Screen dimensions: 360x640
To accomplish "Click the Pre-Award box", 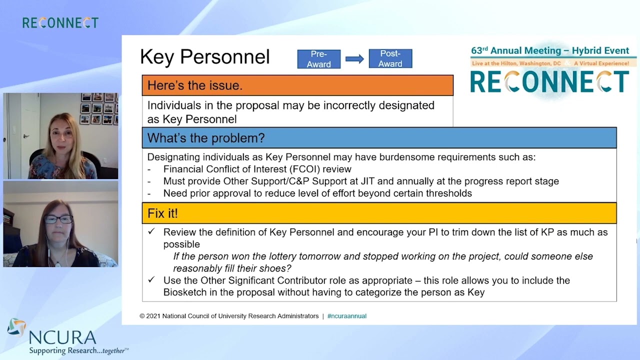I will [318, 59].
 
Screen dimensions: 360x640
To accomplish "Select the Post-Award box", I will [390, 59].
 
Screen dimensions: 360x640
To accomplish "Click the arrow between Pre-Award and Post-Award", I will [354, 59].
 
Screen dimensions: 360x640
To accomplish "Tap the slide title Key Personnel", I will [204, 57].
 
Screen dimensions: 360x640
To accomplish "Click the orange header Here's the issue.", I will [195, 85].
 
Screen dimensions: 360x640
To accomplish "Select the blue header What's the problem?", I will [206, 138].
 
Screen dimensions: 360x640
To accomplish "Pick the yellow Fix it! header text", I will [162, 213].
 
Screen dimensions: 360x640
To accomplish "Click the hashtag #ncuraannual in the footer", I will [346, 316].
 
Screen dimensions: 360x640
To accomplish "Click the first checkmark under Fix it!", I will [151, 232].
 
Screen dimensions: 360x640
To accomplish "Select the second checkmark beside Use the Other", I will [151, 280].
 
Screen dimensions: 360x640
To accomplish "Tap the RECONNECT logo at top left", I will [60, 23].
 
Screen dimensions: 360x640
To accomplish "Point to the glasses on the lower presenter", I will [58, 219].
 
